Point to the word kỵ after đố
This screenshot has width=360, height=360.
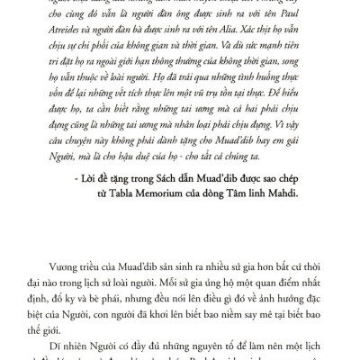[x=92, y=288]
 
